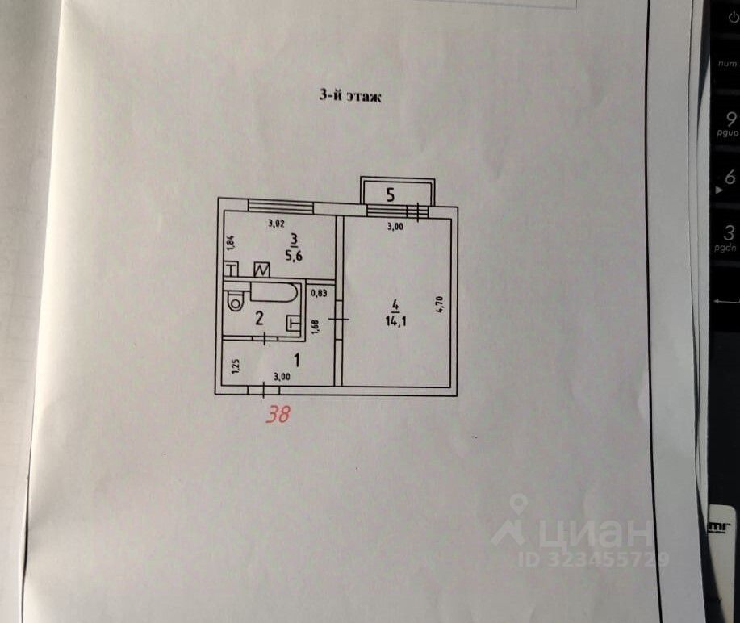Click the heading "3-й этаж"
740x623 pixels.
(348, 95)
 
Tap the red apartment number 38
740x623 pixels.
(278, 414)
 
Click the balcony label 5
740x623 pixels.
(391, 194)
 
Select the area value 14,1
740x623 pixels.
(395, 316)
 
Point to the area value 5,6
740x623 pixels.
(294, 251)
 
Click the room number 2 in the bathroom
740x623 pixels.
(259, 319)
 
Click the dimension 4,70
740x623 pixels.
(440, 306)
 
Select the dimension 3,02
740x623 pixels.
(278, 224)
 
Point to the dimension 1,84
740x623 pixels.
(230, 240)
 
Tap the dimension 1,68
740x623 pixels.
(315, 326)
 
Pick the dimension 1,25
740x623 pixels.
(235, 366)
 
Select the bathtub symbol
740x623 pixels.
(274, 291)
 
